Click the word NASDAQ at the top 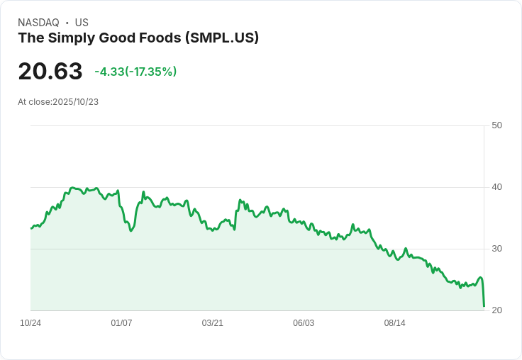click(38, 23)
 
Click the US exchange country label click(82, 23)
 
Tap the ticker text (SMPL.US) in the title click(221, 38)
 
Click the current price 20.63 click(50, 71)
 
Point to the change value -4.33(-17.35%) click(135, 72)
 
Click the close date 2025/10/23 click(75, 102)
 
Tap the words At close click(34, 102)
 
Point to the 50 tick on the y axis click(496, 125)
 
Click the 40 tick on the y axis click(496, 187)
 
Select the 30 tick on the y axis click(496, 249)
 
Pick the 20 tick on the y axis click(496, 310)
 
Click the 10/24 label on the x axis click(30, 323)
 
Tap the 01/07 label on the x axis click(121, 323)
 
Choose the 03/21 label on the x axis click(212, 323)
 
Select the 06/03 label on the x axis click(304, 323)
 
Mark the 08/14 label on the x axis click(394, 323)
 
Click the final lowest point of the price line click(484, 306)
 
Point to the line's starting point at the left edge click(31, 228)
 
